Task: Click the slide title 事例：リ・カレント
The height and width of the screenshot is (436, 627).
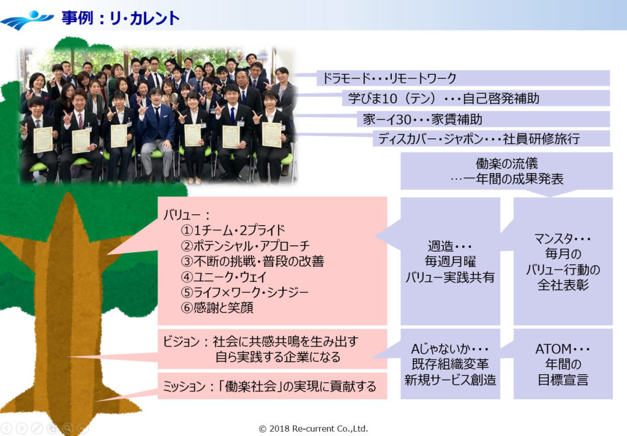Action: coord(120,18)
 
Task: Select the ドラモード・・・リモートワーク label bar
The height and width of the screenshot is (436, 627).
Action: coord(463,78)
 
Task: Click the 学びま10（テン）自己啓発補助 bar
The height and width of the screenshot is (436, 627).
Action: coord(475,98)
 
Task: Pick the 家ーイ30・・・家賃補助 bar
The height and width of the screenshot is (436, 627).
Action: coord(483,119)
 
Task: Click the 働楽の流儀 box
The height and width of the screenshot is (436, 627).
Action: coord(506,171)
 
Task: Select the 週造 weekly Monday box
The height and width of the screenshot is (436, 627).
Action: coord(450,261)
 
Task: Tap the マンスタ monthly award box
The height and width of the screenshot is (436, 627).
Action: coord(563,261)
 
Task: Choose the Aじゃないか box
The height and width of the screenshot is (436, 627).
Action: coord(450,364)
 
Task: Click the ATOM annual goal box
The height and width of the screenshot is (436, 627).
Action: coord(563,364)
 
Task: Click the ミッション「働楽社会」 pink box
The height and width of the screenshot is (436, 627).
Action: coord(272,386)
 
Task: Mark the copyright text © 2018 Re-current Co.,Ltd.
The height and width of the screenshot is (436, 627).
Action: coord(313,429)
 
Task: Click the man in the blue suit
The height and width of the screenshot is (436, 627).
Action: coord(157,132)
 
